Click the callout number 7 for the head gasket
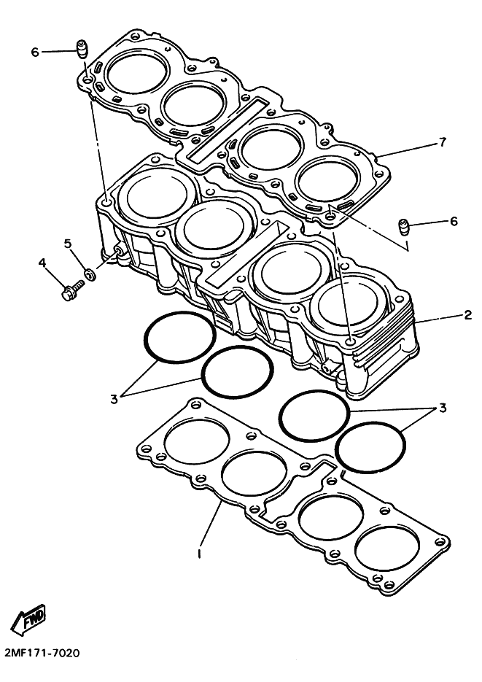coord(442,143)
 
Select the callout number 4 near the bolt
coord(42,263)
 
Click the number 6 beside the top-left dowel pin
coord(34,52)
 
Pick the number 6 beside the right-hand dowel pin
coord(453,221)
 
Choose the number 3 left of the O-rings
coord(114,398)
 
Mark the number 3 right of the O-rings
coord(442,408)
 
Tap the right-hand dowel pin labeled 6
coord(402,226)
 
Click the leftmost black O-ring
coord(179,336)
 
